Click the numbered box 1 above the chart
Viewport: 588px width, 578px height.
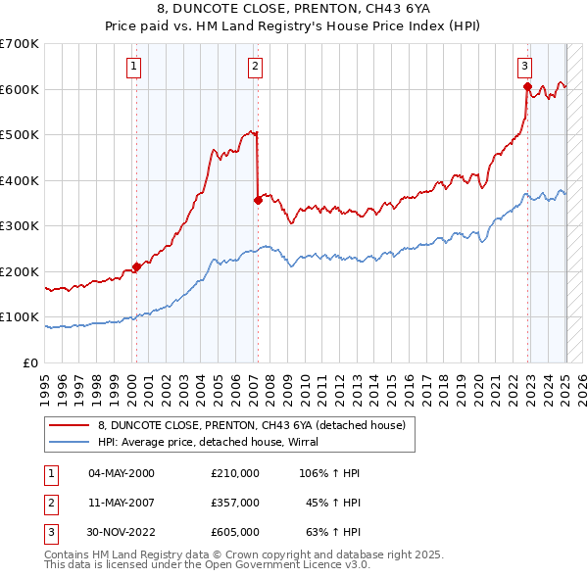[132, 67]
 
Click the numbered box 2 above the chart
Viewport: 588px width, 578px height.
[254, 67]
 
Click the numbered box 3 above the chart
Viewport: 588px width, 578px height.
[524, 67]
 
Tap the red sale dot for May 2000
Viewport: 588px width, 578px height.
[136, 266]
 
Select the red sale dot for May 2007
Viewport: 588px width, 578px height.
[258, 200]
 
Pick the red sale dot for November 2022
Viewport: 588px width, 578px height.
[527, 87]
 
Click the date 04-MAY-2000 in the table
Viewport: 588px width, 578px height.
[122, 473]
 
